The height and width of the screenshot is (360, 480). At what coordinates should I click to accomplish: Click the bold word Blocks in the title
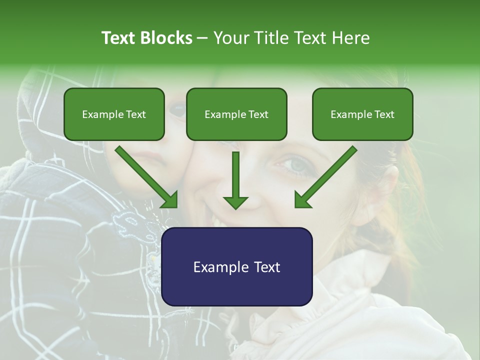pos(167,38)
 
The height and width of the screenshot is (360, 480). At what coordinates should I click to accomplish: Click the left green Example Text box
pos(114,114)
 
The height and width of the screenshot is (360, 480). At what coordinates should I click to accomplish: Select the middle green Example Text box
pos(236,114)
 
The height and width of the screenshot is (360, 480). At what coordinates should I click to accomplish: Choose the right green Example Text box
pos(362,114)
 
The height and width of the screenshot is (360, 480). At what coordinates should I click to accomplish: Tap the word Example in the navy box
pos(218,267)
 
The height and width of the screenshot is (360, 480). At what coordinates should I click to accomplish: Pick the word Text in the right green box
pos(384,114)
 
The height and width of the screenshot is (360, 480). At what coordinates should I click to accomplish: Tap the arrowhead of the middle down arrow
pos(235,202)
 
